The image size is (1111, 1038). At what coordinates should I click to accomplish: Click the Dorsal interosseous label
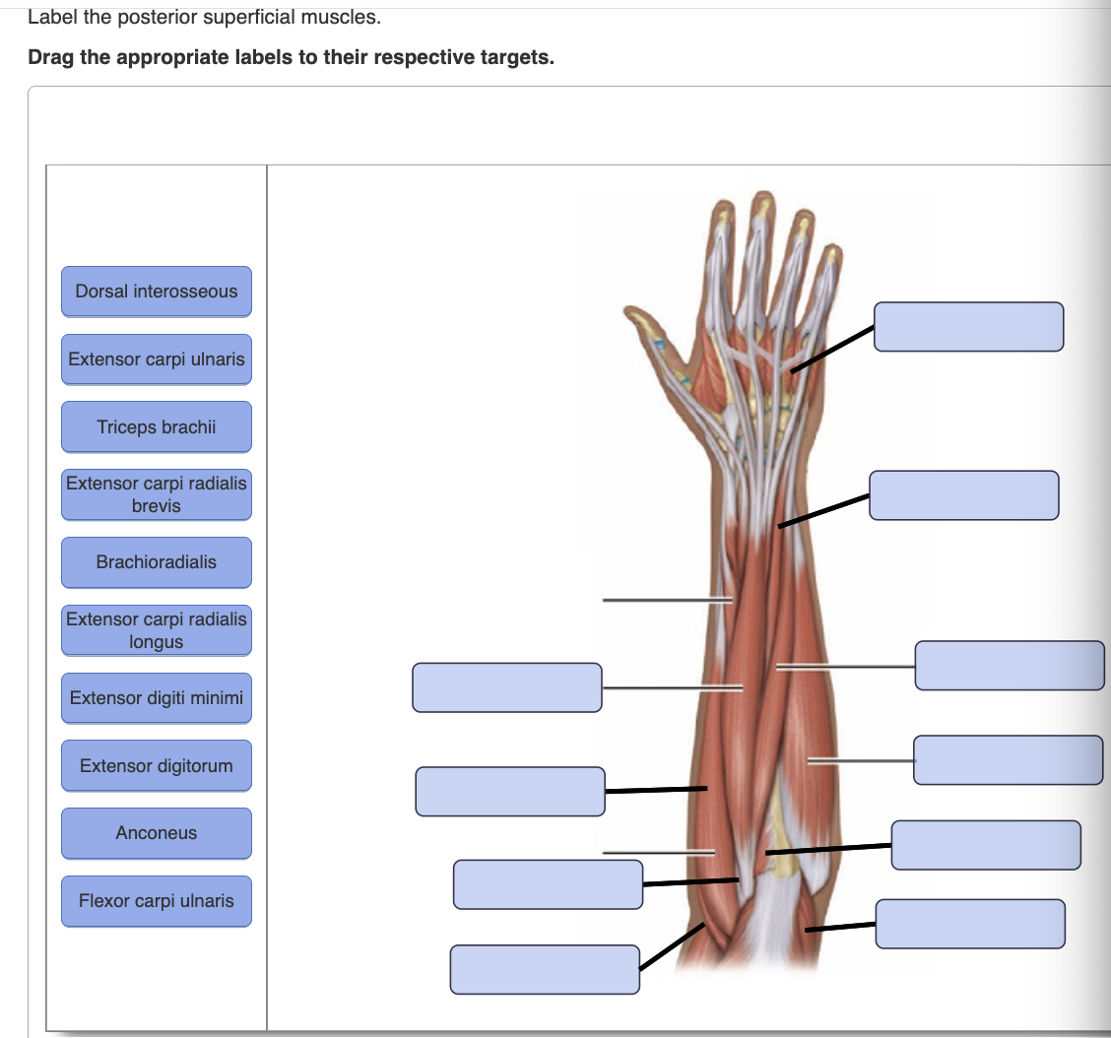tap(156, 292)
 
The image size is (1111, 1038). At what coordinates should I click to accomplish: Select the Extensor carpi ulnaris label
tap(156, 359)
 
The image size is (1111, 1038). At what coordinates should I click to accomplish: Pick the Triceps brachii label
tap(156, 427)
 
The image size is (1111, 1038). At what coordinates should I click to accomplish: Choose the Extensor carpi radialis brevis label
tap(156, 494)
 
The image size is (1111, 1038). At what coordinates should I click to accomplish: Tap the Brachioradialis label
tap(156, 562)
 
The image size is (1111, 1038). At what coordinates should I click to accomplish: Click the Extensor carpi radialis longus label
tap(156, 630)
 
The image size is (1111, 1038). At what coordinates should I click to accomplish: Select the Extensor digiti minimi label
tap(156, 698)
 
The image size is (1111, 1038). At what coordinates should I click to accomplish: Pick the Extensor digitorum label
tap(156, 766)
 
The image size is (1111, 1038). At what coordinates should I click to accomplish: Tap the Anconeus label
tap(156, 833)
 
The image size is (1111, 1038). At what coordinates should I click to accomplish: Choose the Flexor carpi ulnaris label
tap(156, 901)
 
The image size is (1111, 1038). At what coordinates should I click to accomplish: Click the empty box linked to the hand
tap(968, 327)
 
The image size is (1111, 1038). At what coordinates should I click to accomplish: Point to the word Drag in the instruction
tap(51, 57)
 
